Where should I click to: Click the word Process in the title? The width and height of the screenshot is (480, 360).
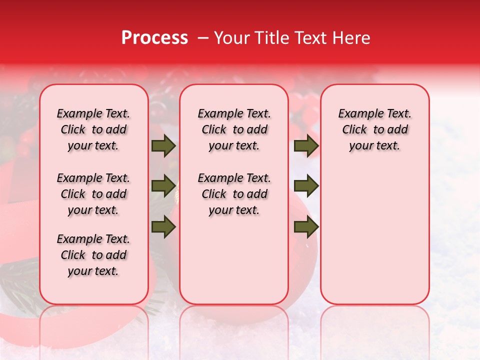[154, 38]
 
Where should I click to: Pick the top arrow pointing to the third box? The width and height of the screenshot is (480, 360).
[306, 146]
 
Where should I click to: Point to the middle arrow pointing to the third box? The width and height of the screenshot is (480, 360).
[306, 186]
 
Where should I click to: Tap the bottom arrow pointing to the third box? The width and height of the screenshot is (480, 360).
[306, 226]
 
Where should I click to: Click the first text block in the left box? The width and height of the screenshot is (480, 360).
[93, 129]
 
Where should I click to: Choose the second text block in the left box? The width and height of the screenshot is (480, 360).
[93, 194]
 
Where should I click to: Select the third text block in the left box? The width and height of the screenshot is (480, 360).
[93, 255]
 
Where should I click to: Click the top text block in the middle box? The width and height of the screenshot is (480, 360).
[234, 129]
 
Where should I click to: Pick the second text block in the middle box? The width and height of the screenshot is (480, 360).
[234, 194]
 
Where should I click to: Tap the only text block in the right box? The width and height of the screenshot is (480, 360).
[374, 129]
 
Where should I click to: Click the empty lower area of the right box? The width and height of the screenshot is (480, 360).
[374, 235]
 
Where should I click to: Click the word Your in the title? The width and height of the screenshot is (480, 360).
[231, 38]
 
